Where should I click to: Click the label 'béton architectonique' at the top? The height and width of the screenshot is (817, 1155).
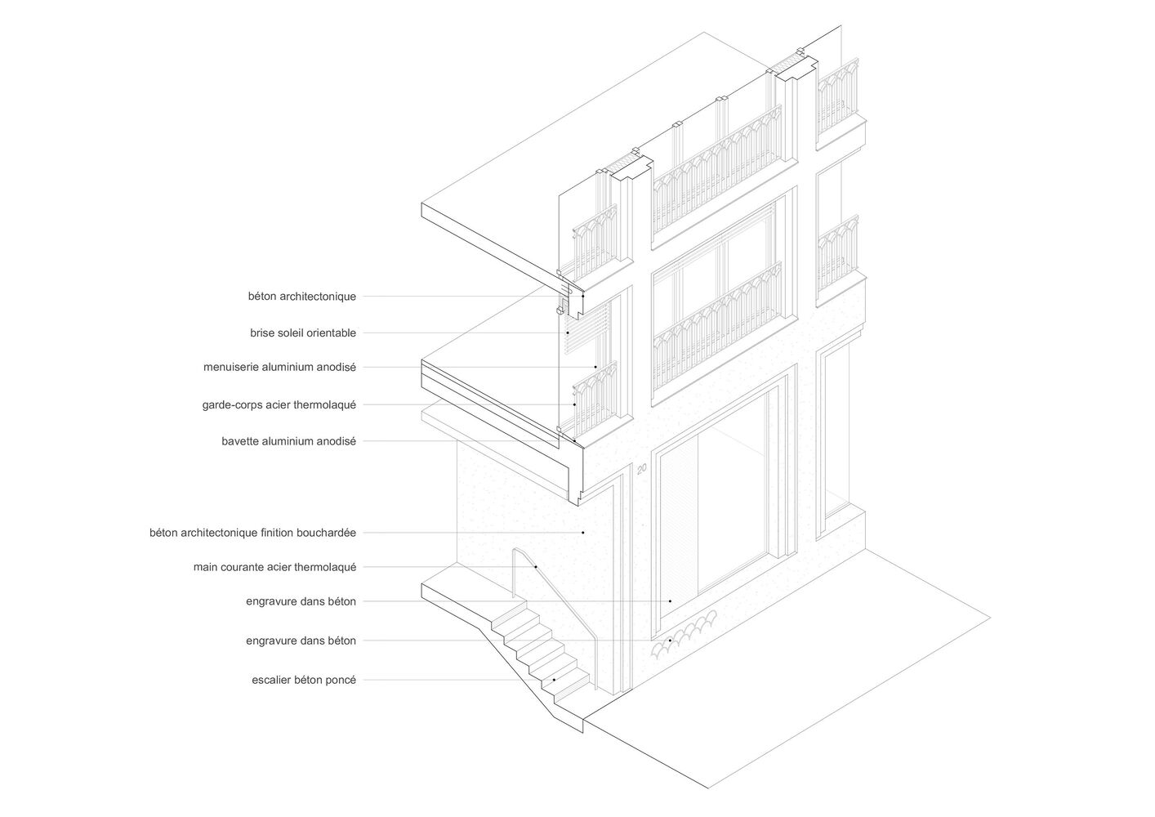click(x=302, y=297)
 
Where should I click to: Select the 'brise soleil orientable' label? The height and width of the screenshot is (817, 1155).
click(x=303, y=333)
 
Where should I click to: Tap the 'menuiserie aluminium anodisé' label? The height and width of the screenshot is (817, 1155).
click(x=279, y=368)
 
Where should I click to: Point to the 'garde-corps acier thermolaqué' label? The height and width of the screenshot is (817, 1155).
click(x=279, y=404)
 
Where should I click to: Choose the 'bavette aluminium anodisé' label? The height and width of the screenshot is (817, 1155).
click(x=288, y=441)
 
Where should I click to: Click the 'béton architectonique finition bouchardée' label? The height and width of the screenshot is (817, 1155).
click(x=252, y=533)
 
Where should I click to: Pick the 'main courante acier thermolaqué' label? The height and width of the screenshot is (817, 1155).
click(x=274, y=567)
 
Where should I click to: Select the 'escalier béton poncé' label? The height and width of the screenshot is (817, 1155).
click(x=304, y=680)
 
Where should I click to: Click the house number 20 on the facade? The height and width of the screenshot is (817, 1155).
click(x=641, y=470)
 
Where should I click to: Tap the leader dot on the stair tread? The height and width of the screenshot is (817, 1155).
click(x=555, y=680)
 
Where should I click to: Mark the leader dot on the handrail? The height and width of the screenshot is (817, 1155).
click(x=535, y=567)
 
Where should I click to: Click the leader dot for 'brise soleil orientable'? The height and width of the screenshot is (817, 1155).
click(x=567, y=333)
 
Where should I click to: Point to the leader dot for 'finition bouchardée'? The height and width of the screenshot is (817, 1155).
click(x=583, y=533)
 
